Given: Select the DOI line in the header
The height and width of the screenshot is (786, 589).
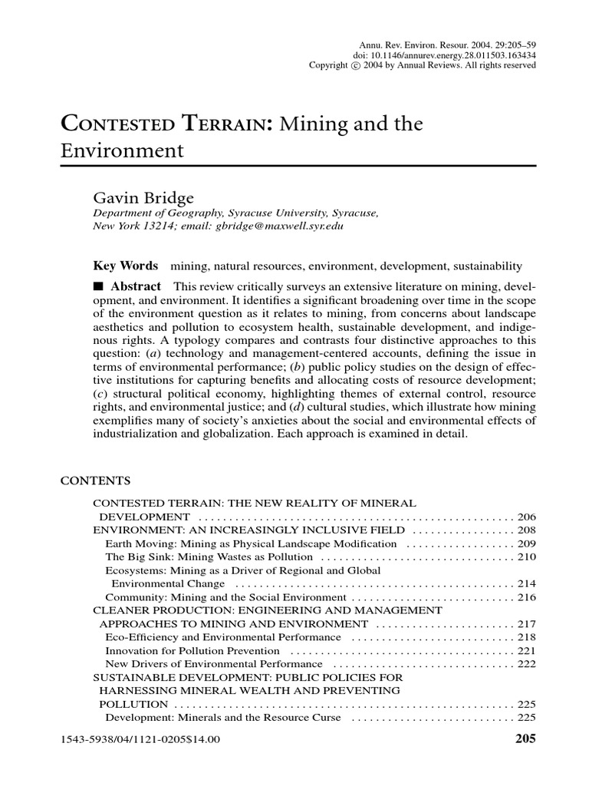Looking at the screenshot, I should coord(444,56).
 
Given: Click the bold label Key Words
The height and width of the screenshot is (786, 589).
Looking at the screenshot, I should coord(125,266).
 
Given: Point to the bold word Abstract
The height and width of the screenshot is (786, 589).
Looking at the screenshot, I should coord(135,286).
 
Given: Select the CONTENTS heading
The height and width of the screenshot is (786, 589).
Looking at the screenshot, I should coord(95,481).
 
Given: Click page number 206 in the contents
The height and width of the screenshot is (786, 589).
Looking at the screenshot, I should coord(526,517).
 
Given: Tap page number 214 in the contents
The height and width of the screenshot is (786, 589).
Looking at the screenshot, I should coord(526,584).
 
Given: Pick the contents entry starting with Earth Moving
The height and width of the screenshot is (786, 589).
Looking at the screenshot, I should coord(251,543).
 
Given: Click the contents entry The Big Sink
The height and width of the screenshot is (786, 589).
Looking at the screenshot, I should coord(209,556).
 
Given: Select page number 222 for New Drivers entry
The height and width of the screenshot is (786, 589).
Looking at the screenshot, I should coord(526,664).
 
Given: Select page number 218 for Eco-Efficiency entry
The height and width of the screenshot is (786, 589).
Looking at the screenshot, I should coord(526,637).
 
